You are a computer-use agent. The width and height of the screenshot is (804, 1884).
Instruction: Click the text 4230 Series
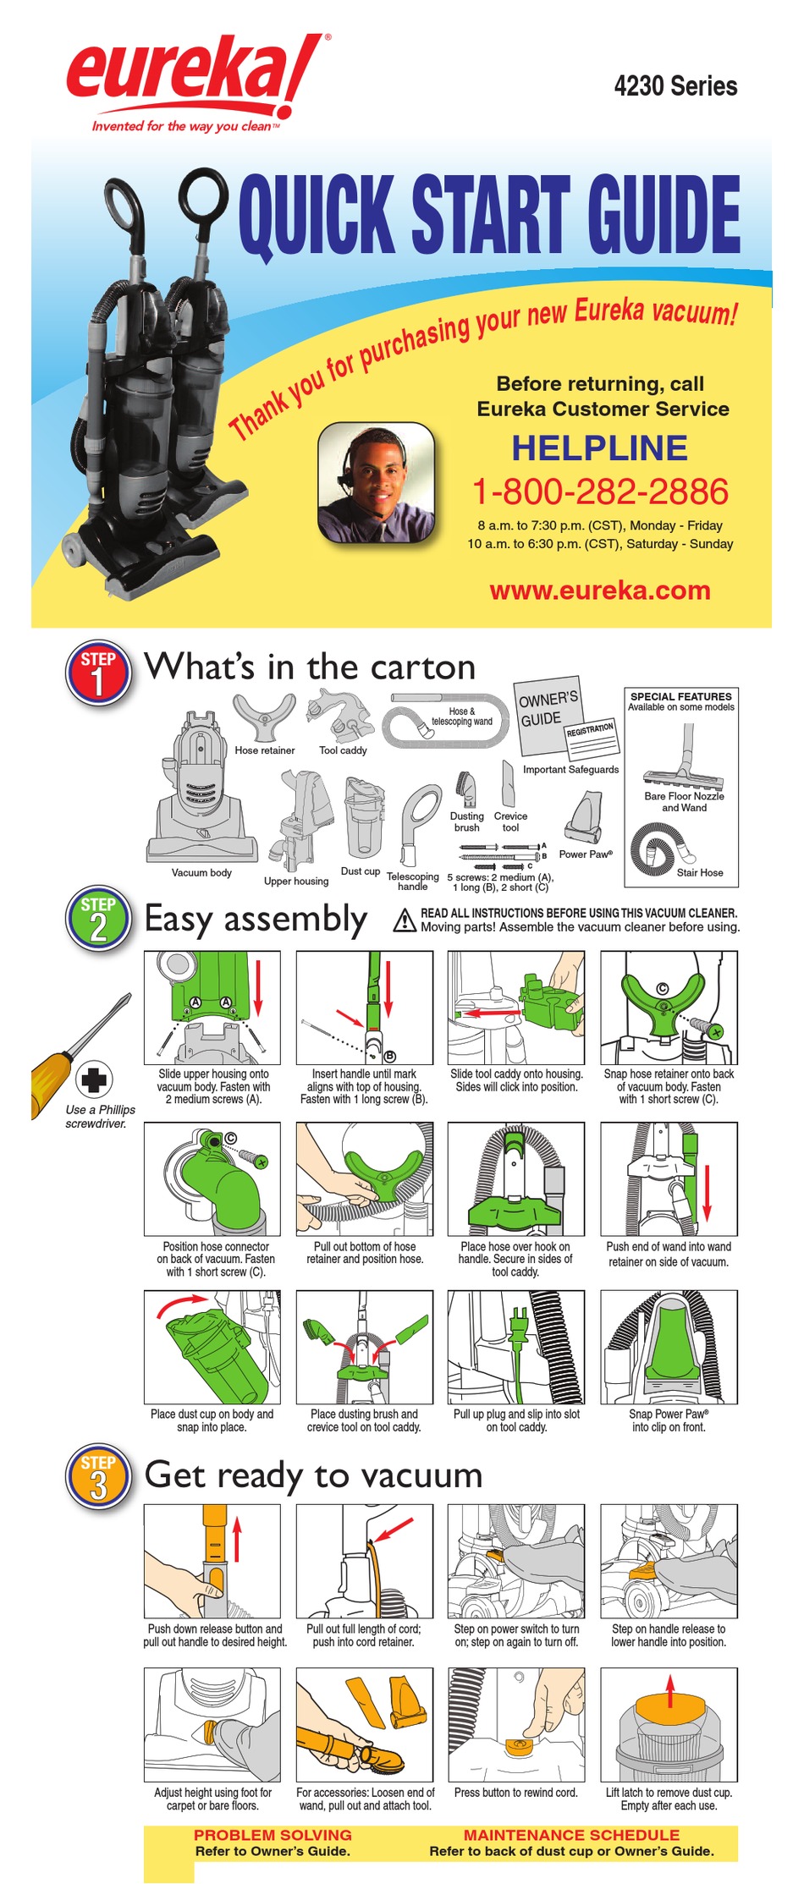tap(675, 86)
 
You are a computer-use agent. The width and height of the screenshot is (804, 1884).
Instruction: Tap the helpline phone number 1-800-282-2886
tap(599, 492)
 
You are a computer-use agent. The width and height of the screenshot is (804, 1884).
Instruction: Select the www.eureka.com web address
tap(599, 590)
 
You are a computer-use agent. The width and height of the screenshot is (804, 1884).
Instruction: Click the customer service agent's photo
tap(376, 483)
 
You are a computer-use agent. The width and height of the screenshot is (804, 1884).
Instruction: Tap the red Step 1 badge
tap(98, 673)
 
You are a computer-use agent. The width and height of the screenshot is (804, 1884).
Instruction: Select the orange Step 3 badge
tap(98, 1478)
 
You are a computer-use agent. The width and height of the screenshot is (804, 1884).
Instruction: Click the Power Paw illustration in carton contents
tap(585, 816)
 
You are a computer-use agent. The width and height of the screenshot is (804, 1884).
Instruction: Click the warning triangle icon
tap(405, 920)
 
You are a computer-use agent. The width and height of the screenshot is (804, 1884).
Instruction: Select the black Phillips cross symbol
tap(94, 1079)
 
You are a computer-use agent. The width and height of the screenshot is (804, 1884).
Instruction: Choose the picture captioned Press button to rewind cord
tap(516, 1723)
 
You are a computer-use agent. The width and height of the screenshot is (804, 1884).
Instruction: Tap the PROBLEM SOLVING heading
tap(273, 1835)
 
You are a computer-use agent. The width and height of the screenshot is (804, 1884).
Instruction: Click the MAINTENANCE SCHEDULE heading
tap(571, 1835)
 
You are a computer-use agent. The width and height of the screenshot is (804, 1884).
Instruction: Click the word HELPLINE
tap(599, 448)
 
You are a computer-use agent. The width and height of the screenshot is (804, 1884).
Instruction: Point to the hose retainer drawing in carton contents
tap(264, 715)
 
